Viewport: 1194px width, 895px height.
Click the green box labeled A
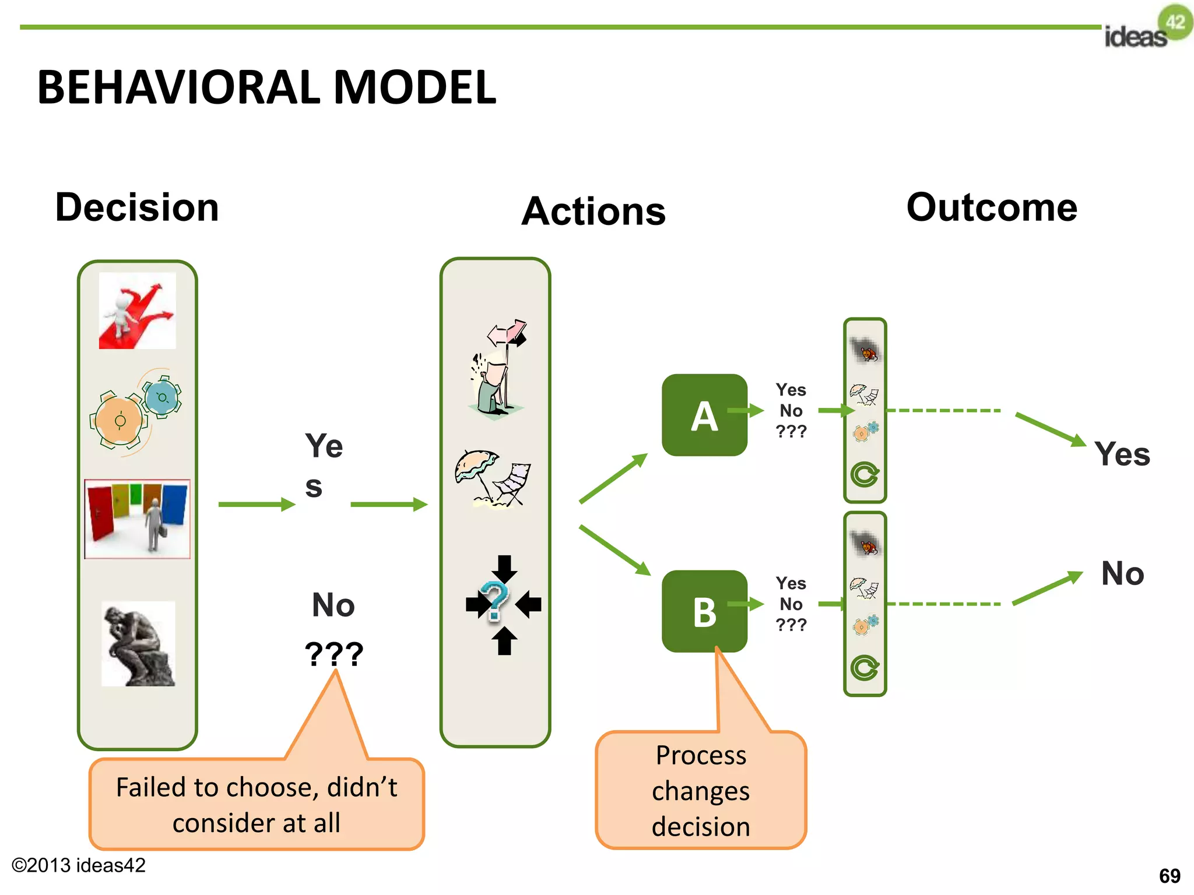pyautogui.click(x=704, y=415)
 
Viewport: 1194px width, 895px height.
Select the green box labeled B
pyautogui.click(x=704, y=611)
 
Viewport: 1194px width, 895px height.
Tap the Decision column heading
pyautogui.click(x=137, y=207)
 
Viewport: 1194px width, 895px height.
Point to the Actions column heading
pyautogui.click(x=593, y=211)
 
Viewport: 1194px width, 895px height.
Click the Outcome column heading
pyautogui.click(x=992, y=207)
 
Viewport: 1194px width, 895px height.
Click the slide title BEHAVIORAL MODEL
pyautogui.click(x=266, y=87)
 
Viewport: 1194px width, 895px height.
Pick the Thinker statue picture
pyautogui.click(x=138, y=644)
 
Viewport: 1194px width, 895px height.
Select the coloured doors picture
pyautogui.click(x=138, y=519)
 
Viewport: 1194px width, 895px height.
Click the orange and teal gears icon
pyautogui.click(x=135, y=411)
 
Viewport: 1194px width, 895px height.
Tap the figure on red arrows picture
pyautogui.click(x=137, y=311)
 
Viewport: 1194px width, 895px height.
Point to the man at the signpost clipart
pyautogui.click(x=499, y=367)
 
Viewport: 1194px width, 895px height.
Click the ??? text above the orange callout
pyautogui.click(x=334, y=654)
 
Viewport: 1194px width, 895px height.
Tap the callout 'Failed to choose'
pyautogui.click(x=257, y=804)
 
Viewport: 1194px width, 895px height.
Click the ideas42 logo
pyautogui.click(x=1147, y=28)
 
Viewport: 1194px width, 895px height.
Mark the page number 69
pyautogui.click(x=1169, y=876)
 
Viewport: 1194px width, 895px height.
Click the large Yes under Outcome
pyautogui.click(x=1122, y=454)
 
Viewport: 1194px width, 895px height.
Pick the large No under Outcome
pyautogui.click(x=1122, y=573)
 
